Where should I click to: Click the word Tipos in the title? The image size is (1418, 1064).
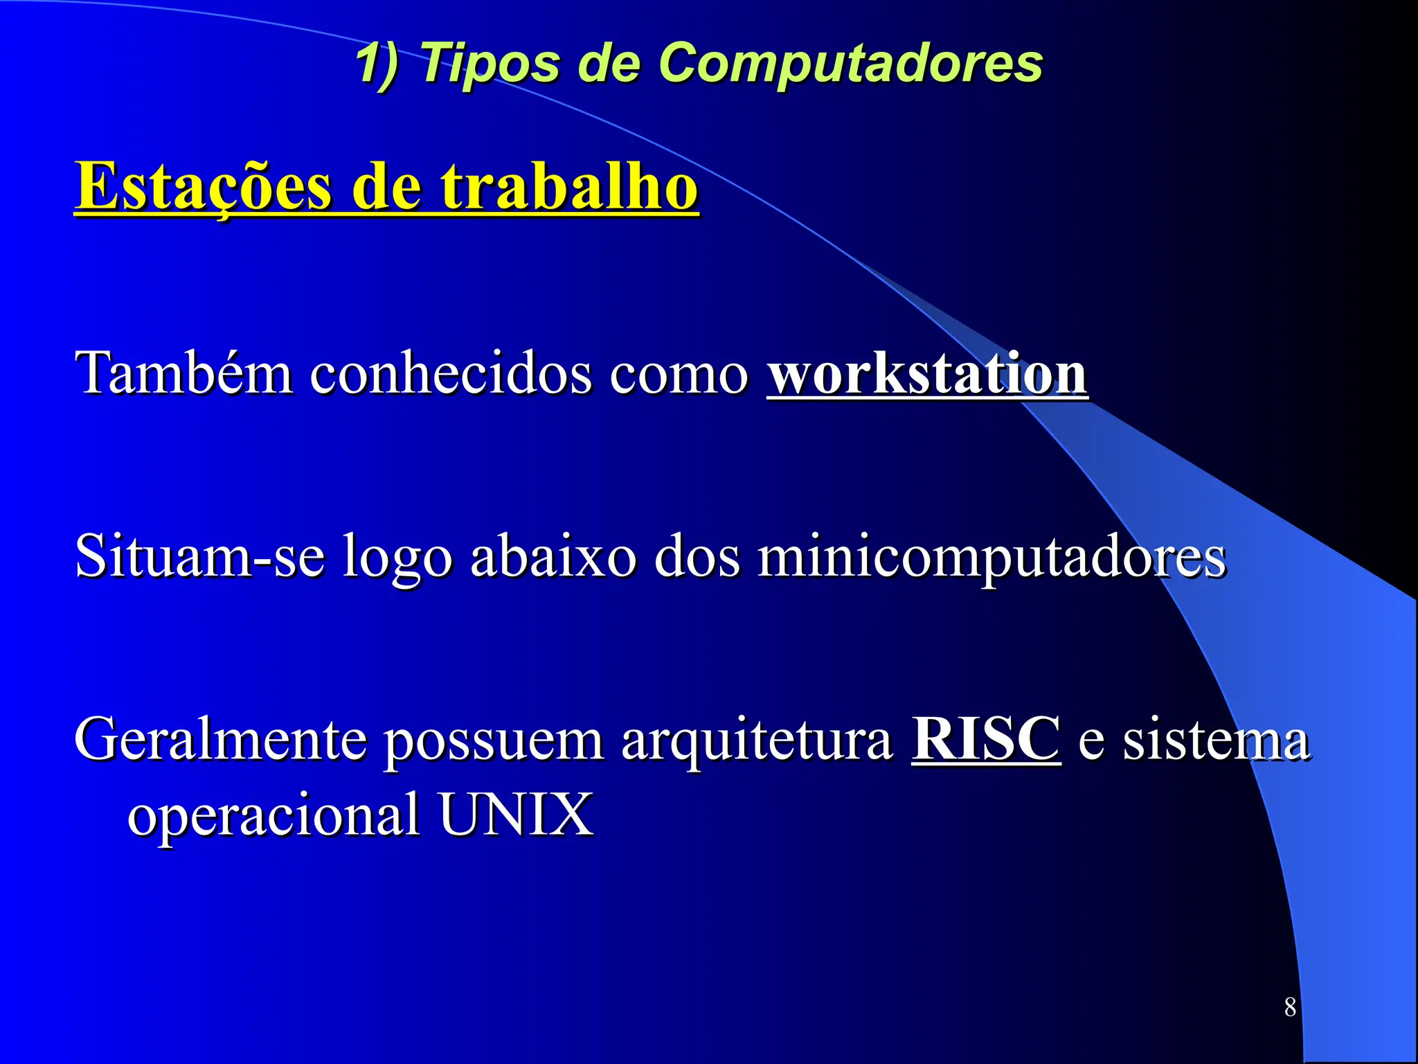point(490,64)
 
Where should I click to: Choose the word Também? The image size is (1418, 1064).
point(183,374)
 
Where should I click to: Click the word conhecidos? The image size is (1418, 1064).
point(451,374)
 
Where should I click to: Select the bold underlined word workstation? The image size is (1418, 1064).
point(927,374)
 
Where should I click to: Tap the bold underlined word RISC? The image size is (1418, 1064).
point(986,740)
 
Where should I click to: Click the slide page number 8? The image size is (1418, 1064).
point(1290,1007)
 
